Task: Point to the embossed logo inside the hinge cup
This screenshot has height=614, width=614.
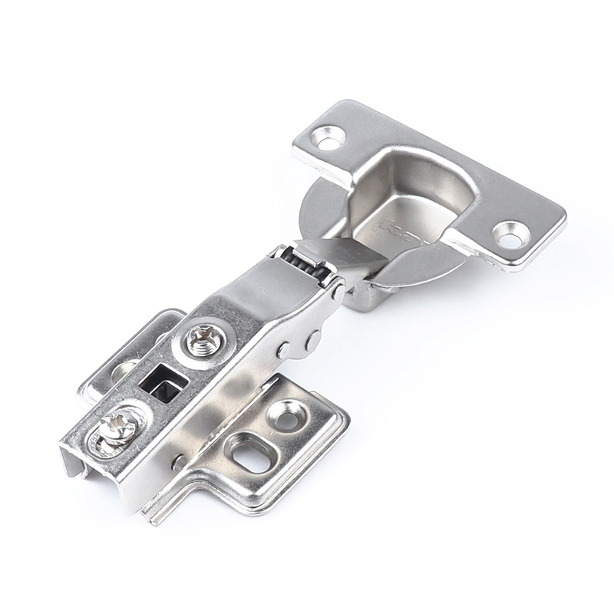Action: (x=399, y=229)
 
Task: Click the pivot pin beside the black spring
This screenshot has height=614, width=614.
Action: (x=337, y=291)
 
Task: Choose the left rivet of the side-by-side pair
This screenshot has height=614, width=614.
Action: (x=286, y=350)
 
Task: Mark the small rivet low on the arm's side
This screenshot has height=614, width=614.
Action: (x=178, y=463)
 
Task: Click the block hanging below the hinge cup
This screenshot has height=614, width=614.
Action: (x=359, y=295)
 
